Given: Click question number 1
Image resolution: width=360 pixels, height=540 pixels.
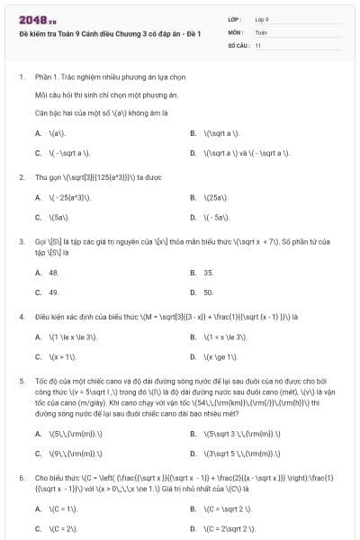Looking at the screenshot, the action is [21, 77].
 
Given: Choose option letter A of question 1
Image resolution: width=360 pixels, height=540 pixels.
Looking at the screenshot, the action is [39, 133].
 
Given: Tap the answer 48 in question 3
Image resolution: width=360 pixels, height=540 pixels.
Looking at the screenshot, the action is [54, 273].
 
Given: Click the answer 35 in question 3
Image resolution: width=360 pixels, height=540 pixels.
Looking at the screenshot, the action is [208, 273].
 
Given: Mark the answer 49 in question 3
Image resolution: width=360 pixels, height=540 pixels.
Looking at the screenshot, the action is [54, 292].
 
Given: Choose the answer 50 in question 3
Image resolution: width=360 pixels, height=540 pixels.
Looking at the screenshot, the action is [208, 292].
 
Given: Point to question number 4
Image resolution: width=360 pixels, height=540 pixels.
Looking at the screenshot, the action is [21, 317].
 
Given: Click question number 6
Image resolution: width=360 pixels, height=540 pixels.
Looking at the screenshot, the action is [21, 478].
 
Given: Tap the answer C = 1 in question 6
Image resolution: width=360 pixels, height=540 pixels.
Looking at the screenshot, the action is [63, 508].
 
